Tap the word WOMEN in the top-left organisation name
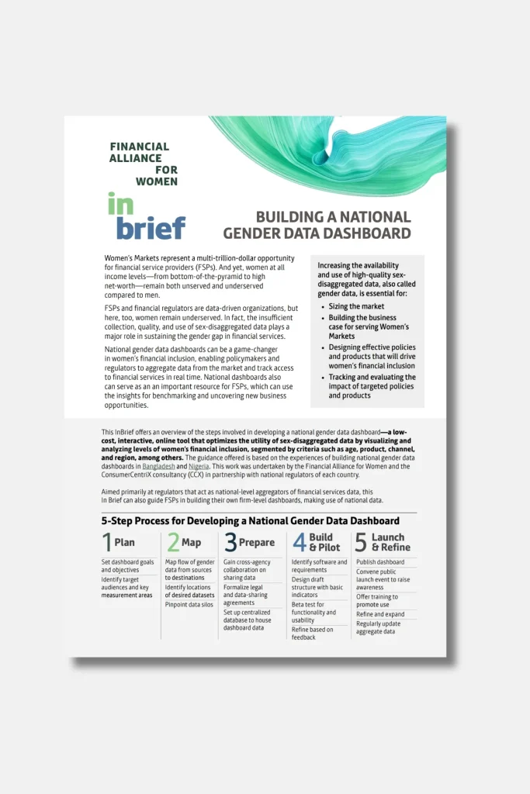click(156, 181)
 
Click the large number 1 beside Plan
click(106, 542)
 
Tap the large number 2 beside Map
click(173, 542)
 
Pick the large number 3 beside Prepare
click(230, 542)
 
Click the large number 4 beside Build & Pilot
click(299, 542)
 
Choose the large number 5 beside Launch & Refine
click(361, 542)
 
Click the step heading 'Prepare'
click(256, 543)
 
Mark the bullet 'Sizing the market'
click(355, 306)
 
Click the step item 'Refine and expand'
click(380, 614)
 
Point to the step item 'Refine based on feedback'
click(312, 633)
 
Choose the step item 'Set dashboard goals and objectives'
click(127, 565)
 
